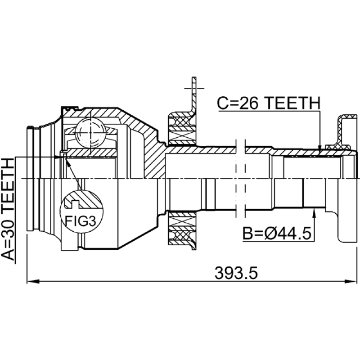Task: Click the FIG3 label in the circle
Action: tap(81, 220)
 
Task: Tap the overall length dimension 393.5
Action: tap(236, 273)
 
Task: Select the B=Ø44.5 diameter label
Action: tap(277, 233)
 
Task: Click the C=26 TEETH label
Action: tap(268, 103)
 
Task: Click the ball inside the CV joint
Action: tap(90, 133)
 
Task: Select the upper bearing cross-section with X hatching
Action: tap(182, 129)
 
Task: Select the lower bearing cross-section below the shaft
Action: tap(182, 228)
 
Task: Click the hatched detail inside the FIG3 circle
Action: tap(83, 200)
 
